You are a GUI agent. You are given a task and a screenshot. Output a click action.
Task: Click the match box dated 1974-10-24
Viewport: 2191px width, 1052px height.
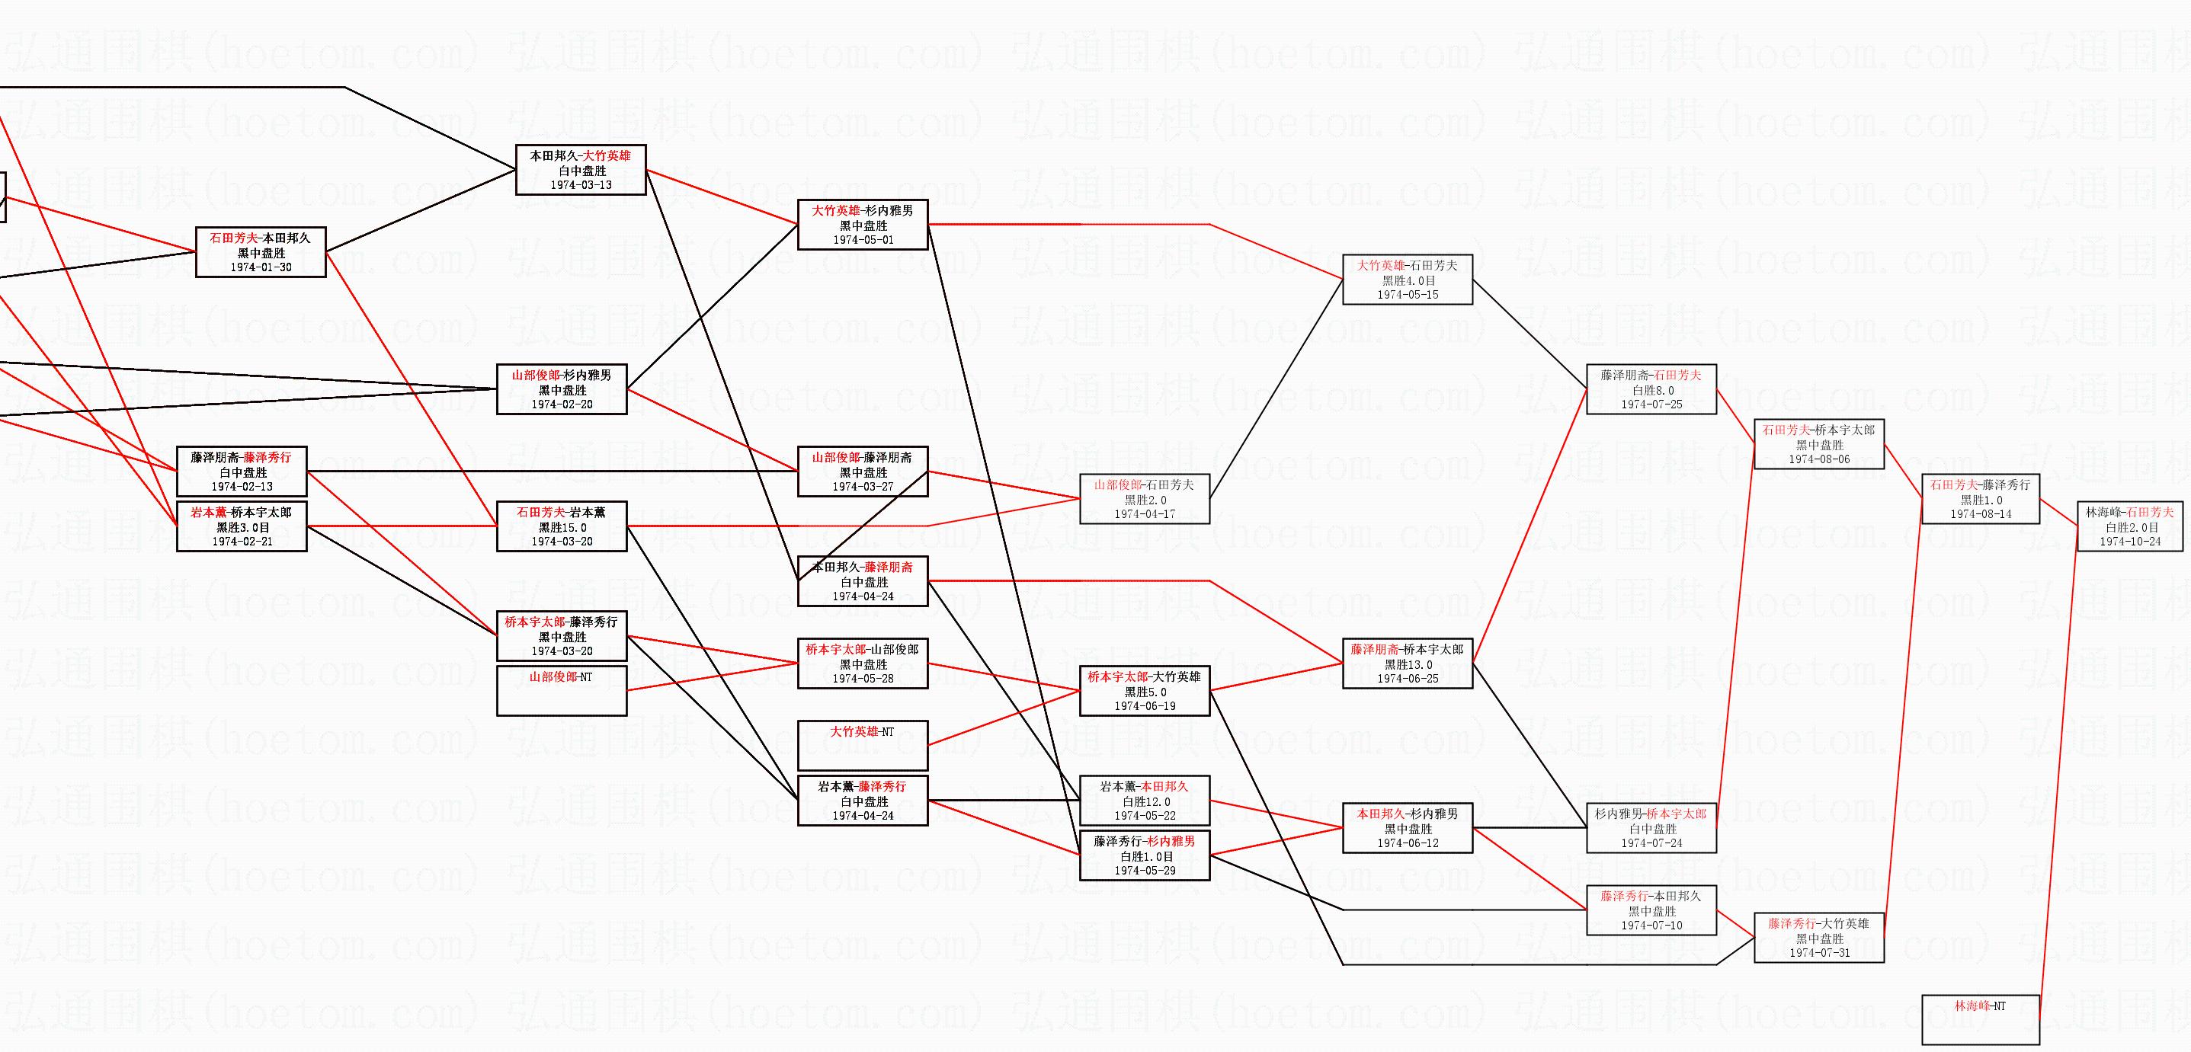pos(2130,526)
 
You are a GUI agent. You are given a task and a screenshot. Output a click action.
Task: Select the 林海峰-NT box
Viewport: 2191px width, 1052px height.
pos(1980,1018)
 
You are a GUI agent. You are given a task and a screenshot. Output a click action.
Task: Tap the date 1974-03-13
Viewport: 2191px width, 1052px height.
pos(581,184)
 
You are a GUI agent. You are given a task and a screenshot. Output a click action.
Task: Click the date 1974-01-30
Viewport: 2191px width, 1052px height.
pos(261,267)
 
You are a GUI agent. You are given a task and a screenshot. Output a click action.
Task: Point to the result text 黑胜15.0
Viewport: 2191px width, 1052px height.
pos(562,527)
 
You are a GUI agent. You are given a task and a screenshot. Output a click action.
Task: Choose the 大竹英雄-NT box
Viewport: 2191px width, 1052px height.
pos(862,745)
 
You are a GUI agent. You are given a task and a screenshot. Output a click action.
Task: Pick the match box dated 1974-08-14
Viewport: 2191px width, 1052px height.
pos(1980,499)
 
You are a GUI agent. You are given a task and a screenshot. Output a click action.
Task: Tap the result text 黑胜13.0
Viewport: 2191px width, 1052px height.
pos(1408,664)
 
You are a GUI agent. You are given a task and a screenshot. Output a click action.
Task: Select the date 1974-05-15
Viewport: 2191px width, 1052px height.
pos(1408,294)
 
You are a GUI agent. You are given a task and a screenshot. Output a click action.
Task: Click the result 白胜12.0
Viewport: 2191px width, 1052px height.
pos(1145,801)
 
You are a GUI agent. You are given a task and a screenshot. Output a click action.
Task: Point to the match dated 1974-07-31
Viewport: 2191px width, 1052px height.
pos(1818,937)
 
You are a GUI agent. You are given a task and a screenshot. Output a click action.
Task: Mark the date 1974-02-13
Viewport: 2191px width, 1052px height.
pos(242,487)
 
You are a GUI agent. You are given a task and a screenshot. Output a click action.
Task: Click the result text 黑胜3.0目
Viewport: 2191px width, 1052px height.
pos(242,527)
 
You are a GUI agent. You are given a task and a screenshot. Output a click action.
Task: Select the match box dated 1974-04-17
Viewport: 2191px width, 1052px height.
pos(1144,499)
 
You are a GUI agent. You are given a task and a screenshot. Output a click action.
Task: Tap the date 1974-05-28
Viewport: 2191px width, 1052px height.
pos(862,678)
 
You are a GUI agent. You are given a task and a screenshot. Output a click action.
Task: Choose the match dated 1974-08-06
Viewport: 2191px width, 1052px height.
pos(1818,444)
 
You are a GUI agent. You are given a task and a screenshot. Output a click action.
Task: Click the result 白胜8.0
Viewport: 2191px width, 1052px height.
pos(1651,390)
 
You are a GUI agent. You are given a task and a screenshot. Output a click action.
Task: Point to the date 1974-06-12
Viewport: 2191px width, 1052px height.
pos(1408,843)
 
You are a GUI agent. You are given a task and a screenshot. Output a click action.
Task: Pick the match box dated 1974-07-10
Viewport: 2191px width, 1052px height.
pos(1651,910)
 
